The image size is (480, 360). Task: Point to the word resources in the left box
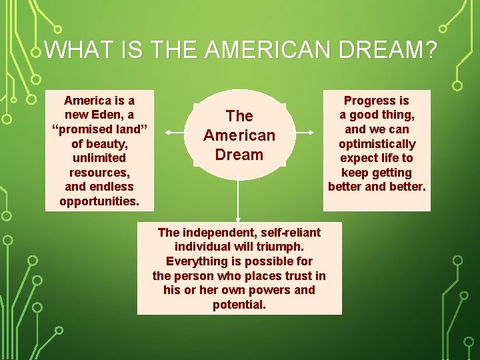(99, 172)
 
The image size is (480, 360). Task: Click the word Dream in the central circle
(239, 155)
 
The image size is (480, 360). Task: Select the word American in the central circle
(239, 135)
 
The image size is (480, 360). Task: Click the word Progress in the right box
(376, 101)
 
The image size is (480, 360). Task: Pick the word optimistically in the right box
(377, 143)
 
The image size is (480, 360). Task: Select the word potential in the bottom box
(239, 305)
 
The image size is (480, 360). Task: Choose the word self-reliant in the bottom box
(287, 233)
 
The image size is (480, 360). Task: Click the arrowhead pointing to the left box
(167, 133)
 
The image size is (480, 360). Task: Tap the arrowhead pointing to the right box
(311, 133)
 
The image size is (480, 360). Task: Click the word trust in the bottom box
(297, 276)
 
